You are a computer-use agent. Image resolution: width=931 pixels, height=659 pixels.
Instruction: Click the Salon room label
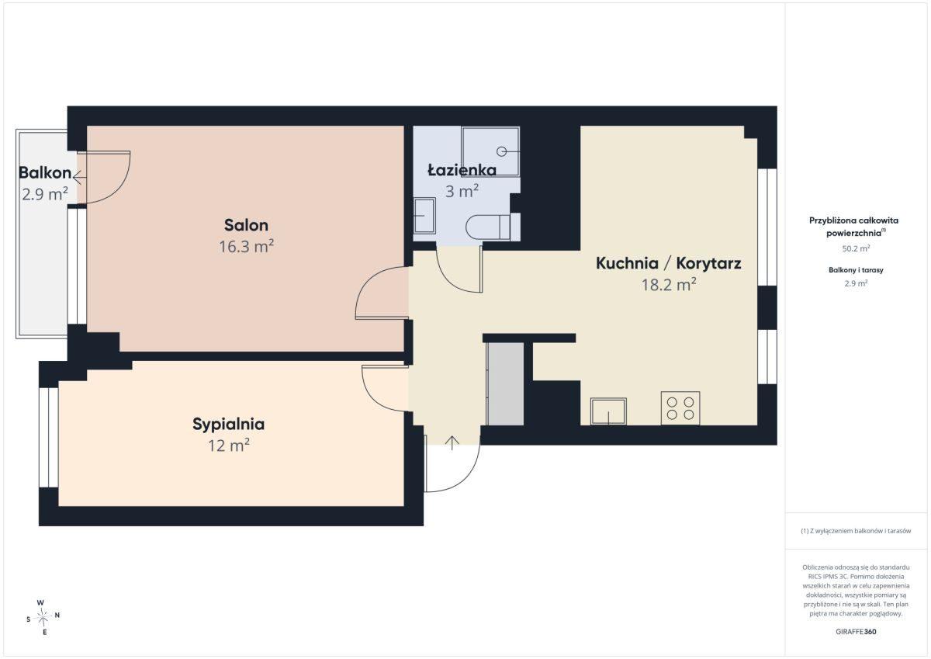click(x=246, y=225)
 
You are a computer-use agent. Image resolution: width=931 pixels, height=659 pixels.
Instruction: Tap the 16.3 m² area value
click(x=246, y=247)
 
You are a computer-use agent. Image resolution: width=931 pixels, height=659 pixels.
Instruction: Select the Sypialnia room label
click(x=228, y=425)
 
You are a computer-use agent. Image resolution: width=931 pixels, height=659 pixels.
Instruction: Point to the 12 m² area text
click(x=229, y=446)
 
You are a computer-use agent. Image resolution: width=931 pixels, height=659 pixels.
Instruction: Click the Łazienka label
click(x=462, y=170)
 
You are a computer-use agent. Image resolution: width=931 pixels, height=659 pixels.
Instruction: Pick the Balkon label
click(x=45, y=173)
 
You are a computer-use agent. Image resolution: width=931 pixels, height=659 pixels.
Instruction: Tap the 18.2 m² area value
click(x=669, y=285)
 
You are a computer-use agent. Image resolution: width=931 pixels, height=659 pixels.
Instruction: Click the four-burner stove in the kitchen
click(x=680, y=408)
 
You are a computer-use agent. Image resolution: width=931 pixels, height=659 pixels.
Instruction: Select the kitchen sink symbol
click(x=608, y=411)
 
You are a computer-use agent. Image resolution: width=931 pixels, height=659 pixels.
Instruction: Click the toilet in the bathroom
click(x=493, y=227)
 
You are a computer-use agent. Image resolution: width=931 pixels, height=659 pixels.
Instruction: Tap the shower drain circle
click(x=502, y=152)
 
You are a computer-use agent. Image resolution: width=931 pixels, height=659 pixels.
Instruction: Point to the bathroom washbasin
click(x=425, y=216)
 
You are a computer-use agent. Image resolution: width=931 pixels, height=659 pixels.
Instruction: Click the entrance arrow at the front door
click(x=452, y=443)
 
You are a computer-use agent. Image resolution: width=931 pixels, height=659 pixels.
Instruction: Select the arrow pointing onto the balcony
click(x=79, y=178)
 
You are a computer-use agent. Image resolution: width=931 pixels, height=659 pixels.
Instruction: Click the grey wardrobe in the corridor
click(x=505, y=384)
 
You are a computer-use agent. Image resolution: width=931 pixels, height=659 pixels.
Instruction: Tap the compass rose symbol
click(x=43, y=616)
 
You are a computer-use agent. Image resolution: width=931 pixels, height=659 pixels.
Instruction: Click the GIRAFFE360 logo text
click(x=856, y=632)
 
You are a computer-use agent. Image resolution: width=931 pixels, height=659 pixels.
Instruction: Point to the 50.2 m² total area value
click(x=856, y=248)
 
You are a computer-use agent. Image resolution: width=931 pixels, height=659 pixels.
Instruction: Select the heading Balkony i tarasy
click(x=856, y=270)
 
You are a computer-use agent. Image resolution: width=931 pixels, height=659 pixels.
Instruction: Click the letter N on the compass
click(x=57, y=615)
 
